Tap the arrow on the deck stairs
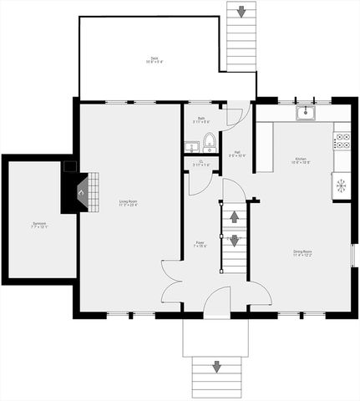coord(241,12)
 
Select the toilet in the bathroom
coord(209,140)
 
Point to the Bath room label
coord(201,120)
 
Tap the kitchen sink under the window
coord(306,112)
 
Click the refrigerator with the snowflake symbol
coord(341,185)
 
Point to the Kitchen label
coord(301,160)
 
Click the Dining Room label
coord(302,252)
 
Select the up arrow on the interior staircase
coord(235,216)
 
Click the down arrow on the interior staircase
coord(235,241)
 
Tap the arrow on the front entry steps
coord(217,367)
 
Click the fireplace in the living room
coord(81,192)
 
